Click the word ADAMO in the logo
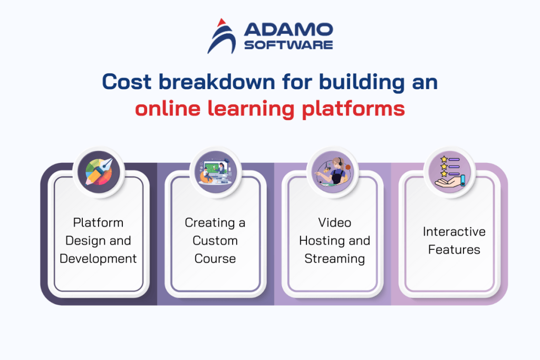(x=288, y=29)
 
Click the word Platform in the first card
(x=98, y=222)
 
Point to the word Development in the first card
(x=98, y=259)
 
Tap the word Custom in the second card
(x=215, y=241)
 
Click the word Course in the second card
(x=215, y=259)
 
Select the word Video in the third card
(x=334, y=222)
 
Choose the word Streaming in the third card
(x=334, y=259)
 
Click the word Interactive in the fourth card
(x=454, y=231)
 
